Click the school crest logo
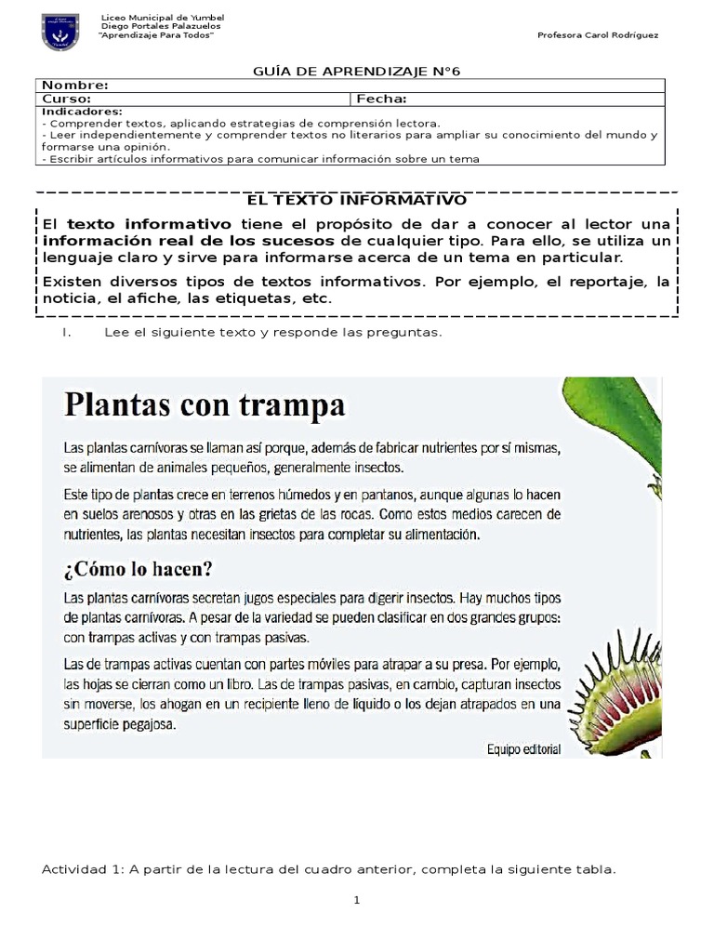point(60,31)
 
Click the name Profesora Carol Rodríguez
point(598,35)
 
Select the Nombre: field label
point(75,86)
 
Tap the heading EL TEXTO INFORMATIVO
point(356,200)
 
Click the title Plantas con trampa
point(204,405)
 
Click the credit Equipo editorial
point(523,747)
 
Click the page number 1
point(356,900)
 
